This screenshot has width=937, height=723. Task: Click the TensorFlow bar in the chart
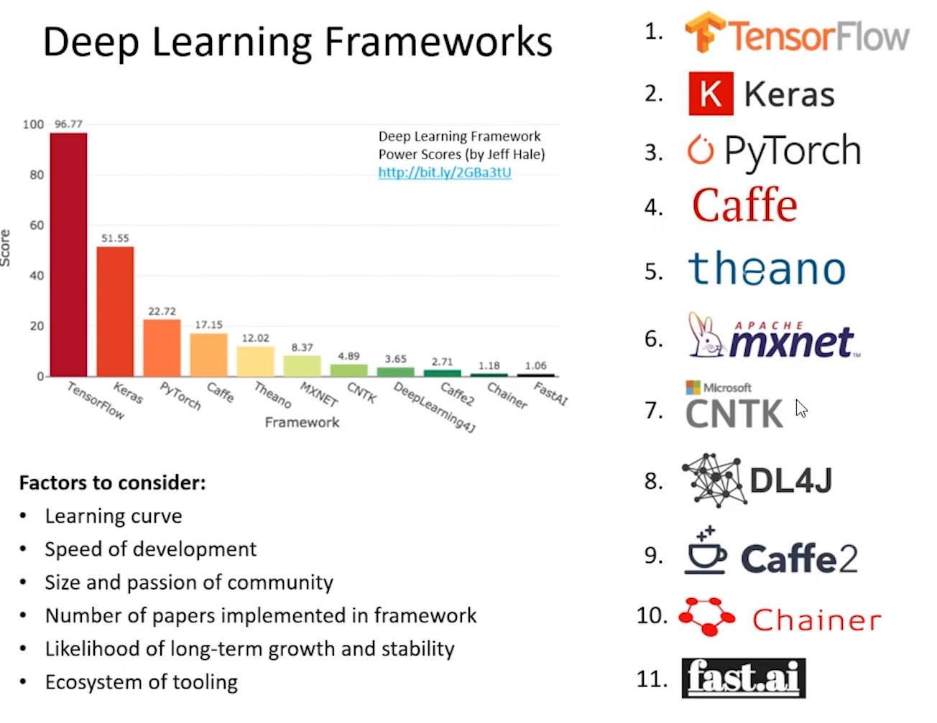pos(68,255)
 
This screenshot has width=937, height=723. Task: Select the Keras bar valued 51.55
pos(115,312)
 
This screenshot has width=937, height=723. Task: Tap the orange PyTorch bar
pos(162,348)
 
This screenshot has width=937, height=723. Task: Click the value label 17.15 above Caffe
pos(208,325)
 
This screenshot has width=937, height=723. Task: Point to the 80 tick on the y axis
pos(37,174)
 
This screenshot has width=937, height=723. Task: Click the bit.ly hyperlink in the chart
pos(445,172)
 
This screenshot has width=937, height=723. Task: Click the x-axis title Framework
pos(302,422)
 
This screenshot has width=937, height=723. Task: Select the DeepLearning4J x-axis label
pos(435,406)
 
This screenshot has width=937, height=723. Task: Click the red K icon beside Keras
pos(711,93)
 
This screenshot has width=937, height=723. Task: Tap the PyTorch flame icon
pos(701,150)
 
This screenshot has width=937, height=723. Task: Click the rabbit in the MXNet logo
pos(704,336)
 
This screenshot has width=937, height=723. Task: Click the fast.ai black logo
pos(744,678)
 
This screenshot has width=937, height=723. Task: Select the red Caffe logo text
pos(744,206)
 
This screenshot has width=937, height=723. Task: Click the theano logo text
pos(767,269)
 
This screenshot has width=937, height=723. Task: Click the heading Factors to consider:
pos(113,482)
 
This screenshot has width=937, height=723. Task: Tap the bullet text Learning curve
pos(114,516)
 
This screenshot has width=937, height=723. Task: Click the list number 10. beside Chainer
pos(652,615)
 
